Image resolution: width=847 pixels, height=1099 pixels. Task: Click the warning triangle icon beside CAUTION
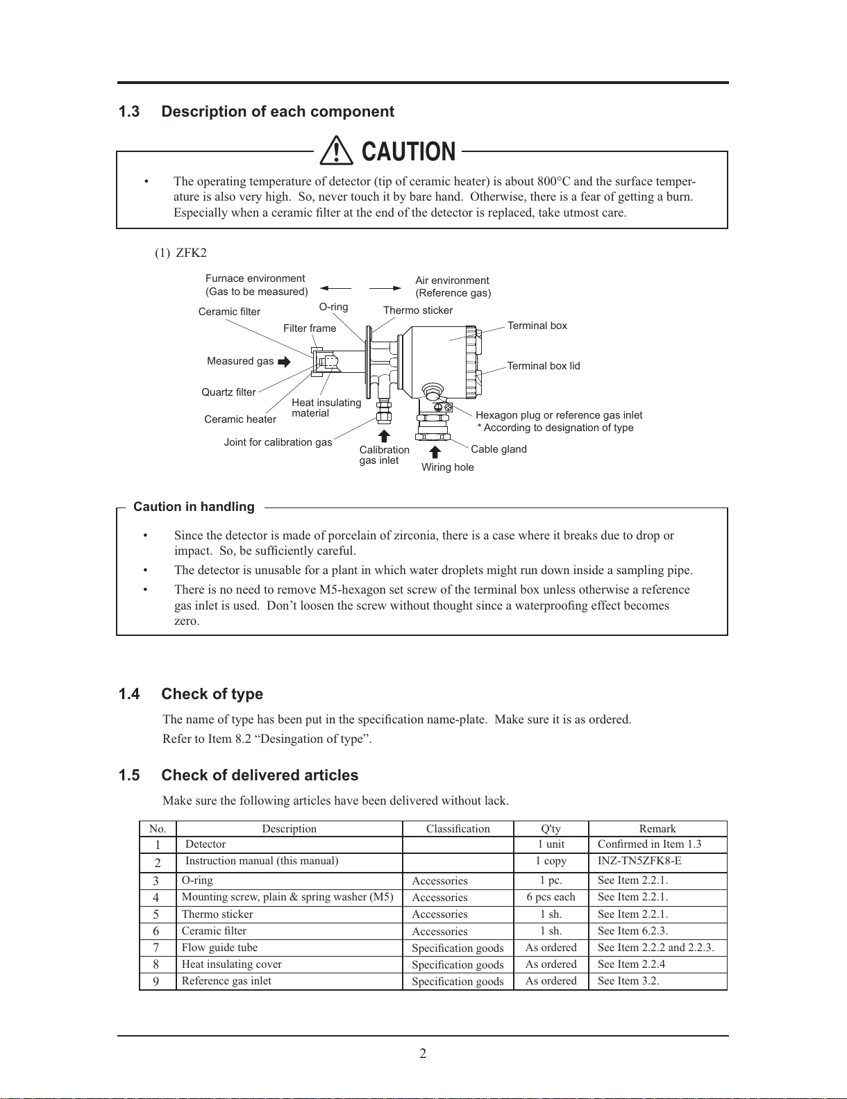point(336,151)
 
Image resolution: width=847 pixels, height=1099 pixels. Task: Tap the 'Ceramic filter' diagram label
point(229,312)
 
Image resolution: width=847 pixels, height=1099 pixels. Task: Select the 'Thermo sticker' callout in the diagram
point(418,310)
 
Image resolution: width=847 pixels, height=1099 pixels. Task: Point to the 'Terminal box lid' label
point(544,366)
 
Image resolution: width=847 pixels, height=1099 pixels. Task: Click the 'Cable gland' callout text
point(498,449)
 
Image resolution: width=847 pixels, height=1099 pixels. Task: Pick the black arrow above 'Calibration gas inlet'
point(384,436)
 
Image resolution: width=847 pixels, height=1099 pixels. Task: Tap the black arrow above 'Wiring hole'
point(435,452)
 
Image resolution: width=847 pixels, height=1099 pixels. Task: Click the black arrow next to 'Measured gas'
point(284,362)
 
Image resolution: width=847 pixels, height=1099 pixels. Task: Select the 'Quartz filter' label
point(228,392)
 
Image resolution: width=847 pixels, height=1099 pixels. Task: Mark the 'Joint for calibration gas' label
point(278,442)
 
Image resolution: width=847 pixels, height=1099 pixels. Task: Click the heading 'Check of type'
point(212,694)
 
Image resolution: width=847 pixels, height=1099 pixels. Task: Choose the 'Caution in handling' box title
point(194,507)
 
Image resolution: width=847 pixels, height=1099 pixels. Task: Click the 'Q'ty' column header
point(551,829)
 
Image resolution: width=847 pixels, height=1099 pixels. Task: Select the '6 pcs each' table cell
point(551,897)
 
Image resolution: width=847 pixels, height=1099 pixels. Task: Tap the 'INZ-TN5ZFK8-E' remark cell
point(639,861)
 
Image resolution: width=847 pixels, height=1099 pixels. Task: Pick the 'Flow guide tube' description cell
point(219,948)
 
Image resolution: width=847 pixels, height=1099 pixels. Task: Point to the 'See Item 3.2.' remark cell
point(628,981)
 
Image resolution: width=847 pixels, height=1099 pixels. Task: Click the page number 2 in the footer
point(423,1053)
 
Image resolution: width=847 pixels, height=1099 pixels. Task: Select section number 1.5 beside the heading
point(129,775)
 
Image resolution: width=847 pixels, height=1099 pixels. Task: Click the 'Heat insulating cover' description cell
point(231,964)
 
